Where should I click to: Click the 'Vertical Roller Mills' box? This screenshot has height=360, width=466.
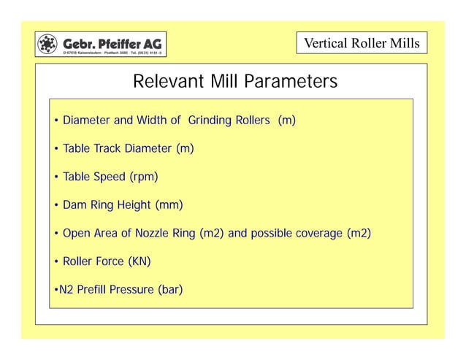point(362,44)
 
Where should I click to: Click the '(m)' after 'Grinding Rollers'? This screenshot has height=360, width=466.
point(286,120)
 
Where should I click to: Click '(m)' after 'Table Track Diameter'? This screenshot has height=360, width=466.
point(185,149)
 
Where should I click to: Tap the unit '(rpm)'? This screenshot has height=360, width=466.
point(144,177)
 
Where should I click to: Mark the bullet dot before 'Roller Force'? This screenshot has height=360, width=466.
point(56,262)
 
